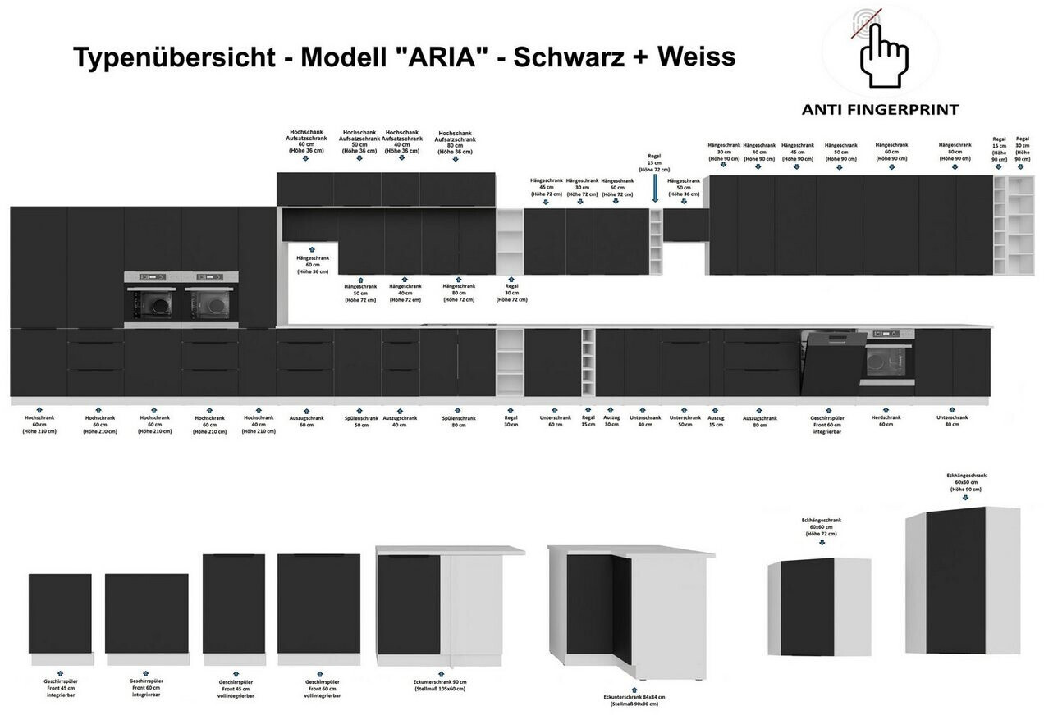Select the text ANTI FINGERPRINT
[881, 109]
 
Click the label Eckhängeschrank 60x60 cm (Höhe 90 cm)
[966, 481]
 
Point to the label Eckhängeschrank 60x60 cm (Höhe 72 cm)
[821, 526]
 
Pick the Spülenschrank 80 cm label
[458, 421]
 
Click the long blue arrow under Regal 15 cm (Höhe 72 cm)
[655, 190]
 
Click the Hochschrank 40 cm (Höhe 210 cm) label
[259, 423]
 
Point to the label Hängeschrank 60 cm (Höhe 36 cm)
[312, 263]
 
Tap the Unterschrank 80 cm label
[952, 420]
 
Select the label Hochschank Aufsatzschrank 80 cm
[455, 142]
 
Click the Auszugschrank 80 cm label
[760, 421]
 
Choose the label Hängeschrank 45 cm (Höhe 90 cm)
[797, 152]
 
